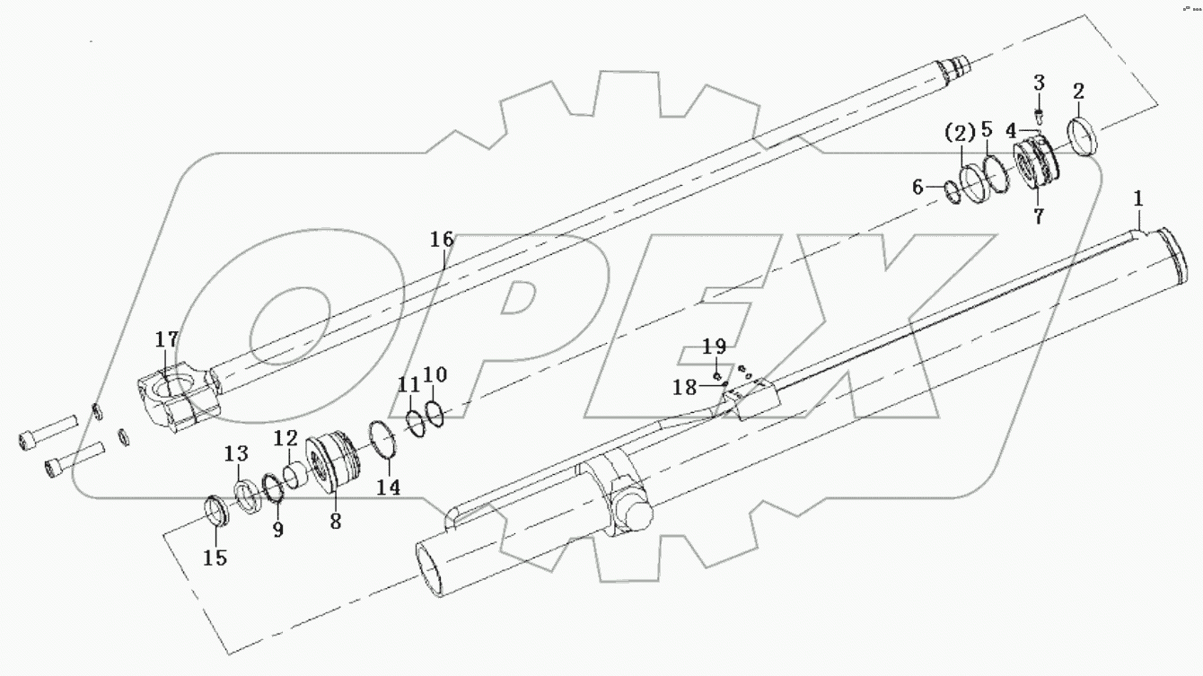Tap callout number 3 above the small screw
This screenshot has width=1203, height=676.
(x=1039, y=83)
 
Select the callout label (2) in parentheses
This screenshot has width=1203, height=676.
(x=959, y=135)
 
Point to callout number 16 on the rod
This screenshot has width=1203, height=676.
(x=441, y=240)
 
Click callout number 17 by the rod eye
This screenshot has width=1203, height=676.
(x=166, y=341)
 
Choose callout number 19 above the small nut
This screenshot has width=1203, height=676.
(x=714, y=347)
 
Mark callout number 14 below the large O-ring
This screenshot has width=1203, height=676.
(x=389, y=487)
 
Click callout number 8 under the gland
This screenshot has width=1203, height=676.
(x=335, y=521)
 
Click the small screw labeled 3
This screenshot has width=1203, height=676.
(x=1038, y=115)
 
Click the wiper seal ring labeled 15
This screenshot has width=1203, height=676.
(x=218, y=511)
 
